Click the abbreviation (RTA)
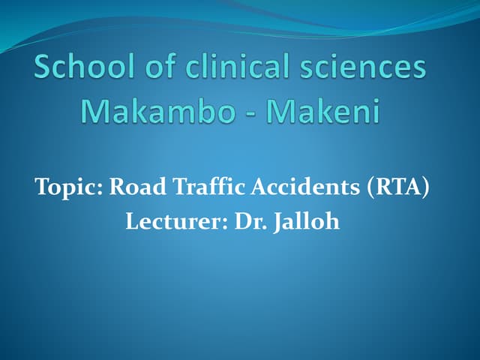tap(399, 187)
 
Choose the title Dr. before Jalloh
tap(241, 223)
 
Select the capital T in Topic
tap(41, 187)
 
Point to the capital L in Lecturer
tap(130, 223)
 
